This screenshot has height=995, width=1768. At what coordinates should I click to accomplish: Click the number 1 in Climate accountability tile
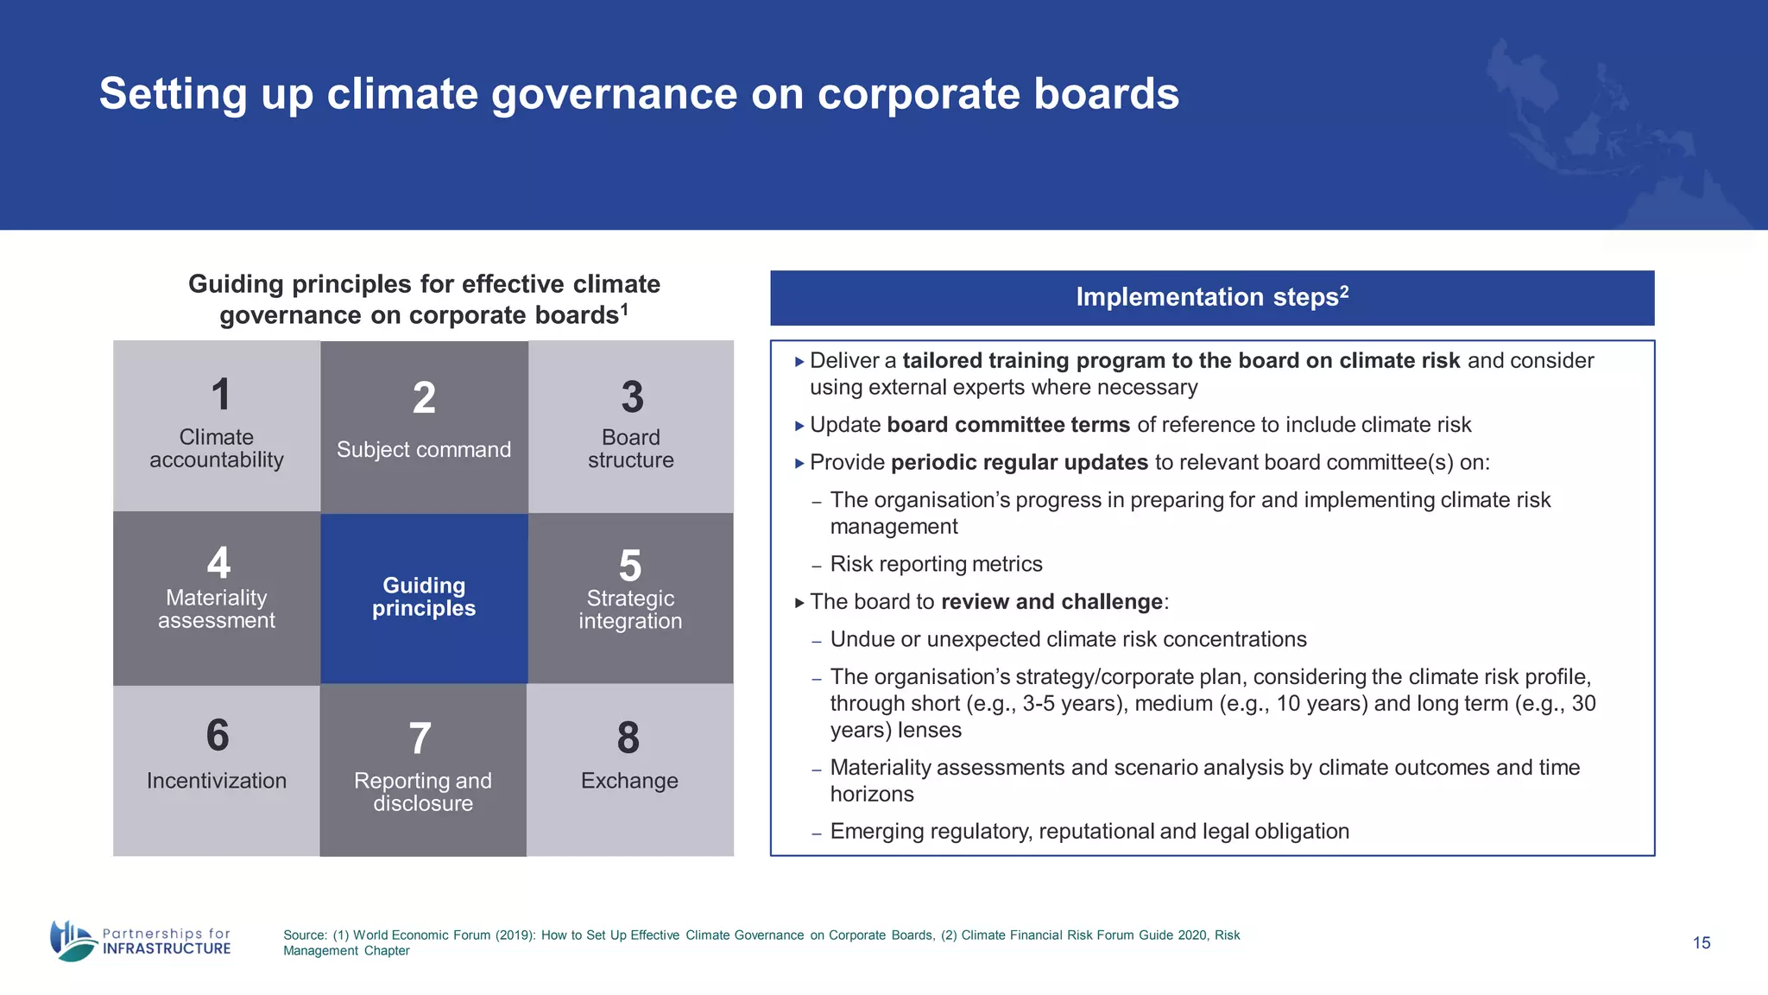tap(221, 395)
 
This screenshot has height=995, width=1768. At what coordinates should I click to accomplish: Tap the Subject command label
tap(423, 450)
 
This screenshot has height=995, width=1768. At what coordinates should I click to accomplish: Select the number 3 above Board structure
tap(632, 397)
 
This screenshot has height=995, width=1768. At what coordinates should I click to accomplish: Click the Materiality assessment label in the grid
tap(217, 609)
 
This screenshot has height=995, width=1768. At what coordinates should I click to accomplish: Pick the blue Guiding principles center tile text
tap(423, 597)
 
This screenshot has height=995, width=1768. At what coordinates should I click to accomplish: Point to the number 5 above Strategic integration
tap(630, 567)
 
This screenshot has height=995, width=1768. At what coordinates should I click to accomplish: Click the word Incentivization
tap(217, 781)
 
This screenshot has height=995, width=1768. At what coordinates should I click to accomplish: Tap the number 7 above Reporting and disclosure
tap(420, 739)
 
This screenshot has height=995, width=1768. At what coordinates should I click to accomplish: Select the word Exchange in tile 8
tap(629, 781)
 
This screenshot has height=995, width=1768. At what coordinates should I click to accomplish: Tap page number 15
tap(1702, 943)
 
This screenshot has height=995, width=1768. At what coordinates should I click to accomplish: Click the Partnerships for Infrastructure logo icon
tap(73, 941)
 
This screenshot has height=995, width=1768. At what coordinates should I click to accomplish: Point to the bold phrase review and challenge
tap(1051, 602)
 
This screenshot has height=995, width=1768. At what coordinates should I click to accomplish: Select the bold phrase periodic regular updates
tap(1019, 463)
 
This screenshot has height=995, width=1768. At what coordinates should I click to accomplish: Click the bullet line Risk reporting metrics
tap(936, 565)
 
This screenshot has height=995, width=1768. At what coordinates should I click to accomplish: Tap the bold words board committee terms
tap(1007, 425)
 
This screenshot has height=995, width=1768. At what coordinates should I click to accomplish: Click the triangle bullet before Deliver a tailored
tap(799, 362)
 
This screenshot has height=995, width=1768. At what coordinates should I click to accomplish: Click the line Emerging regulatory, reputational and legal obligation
tap(1089, 832)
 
